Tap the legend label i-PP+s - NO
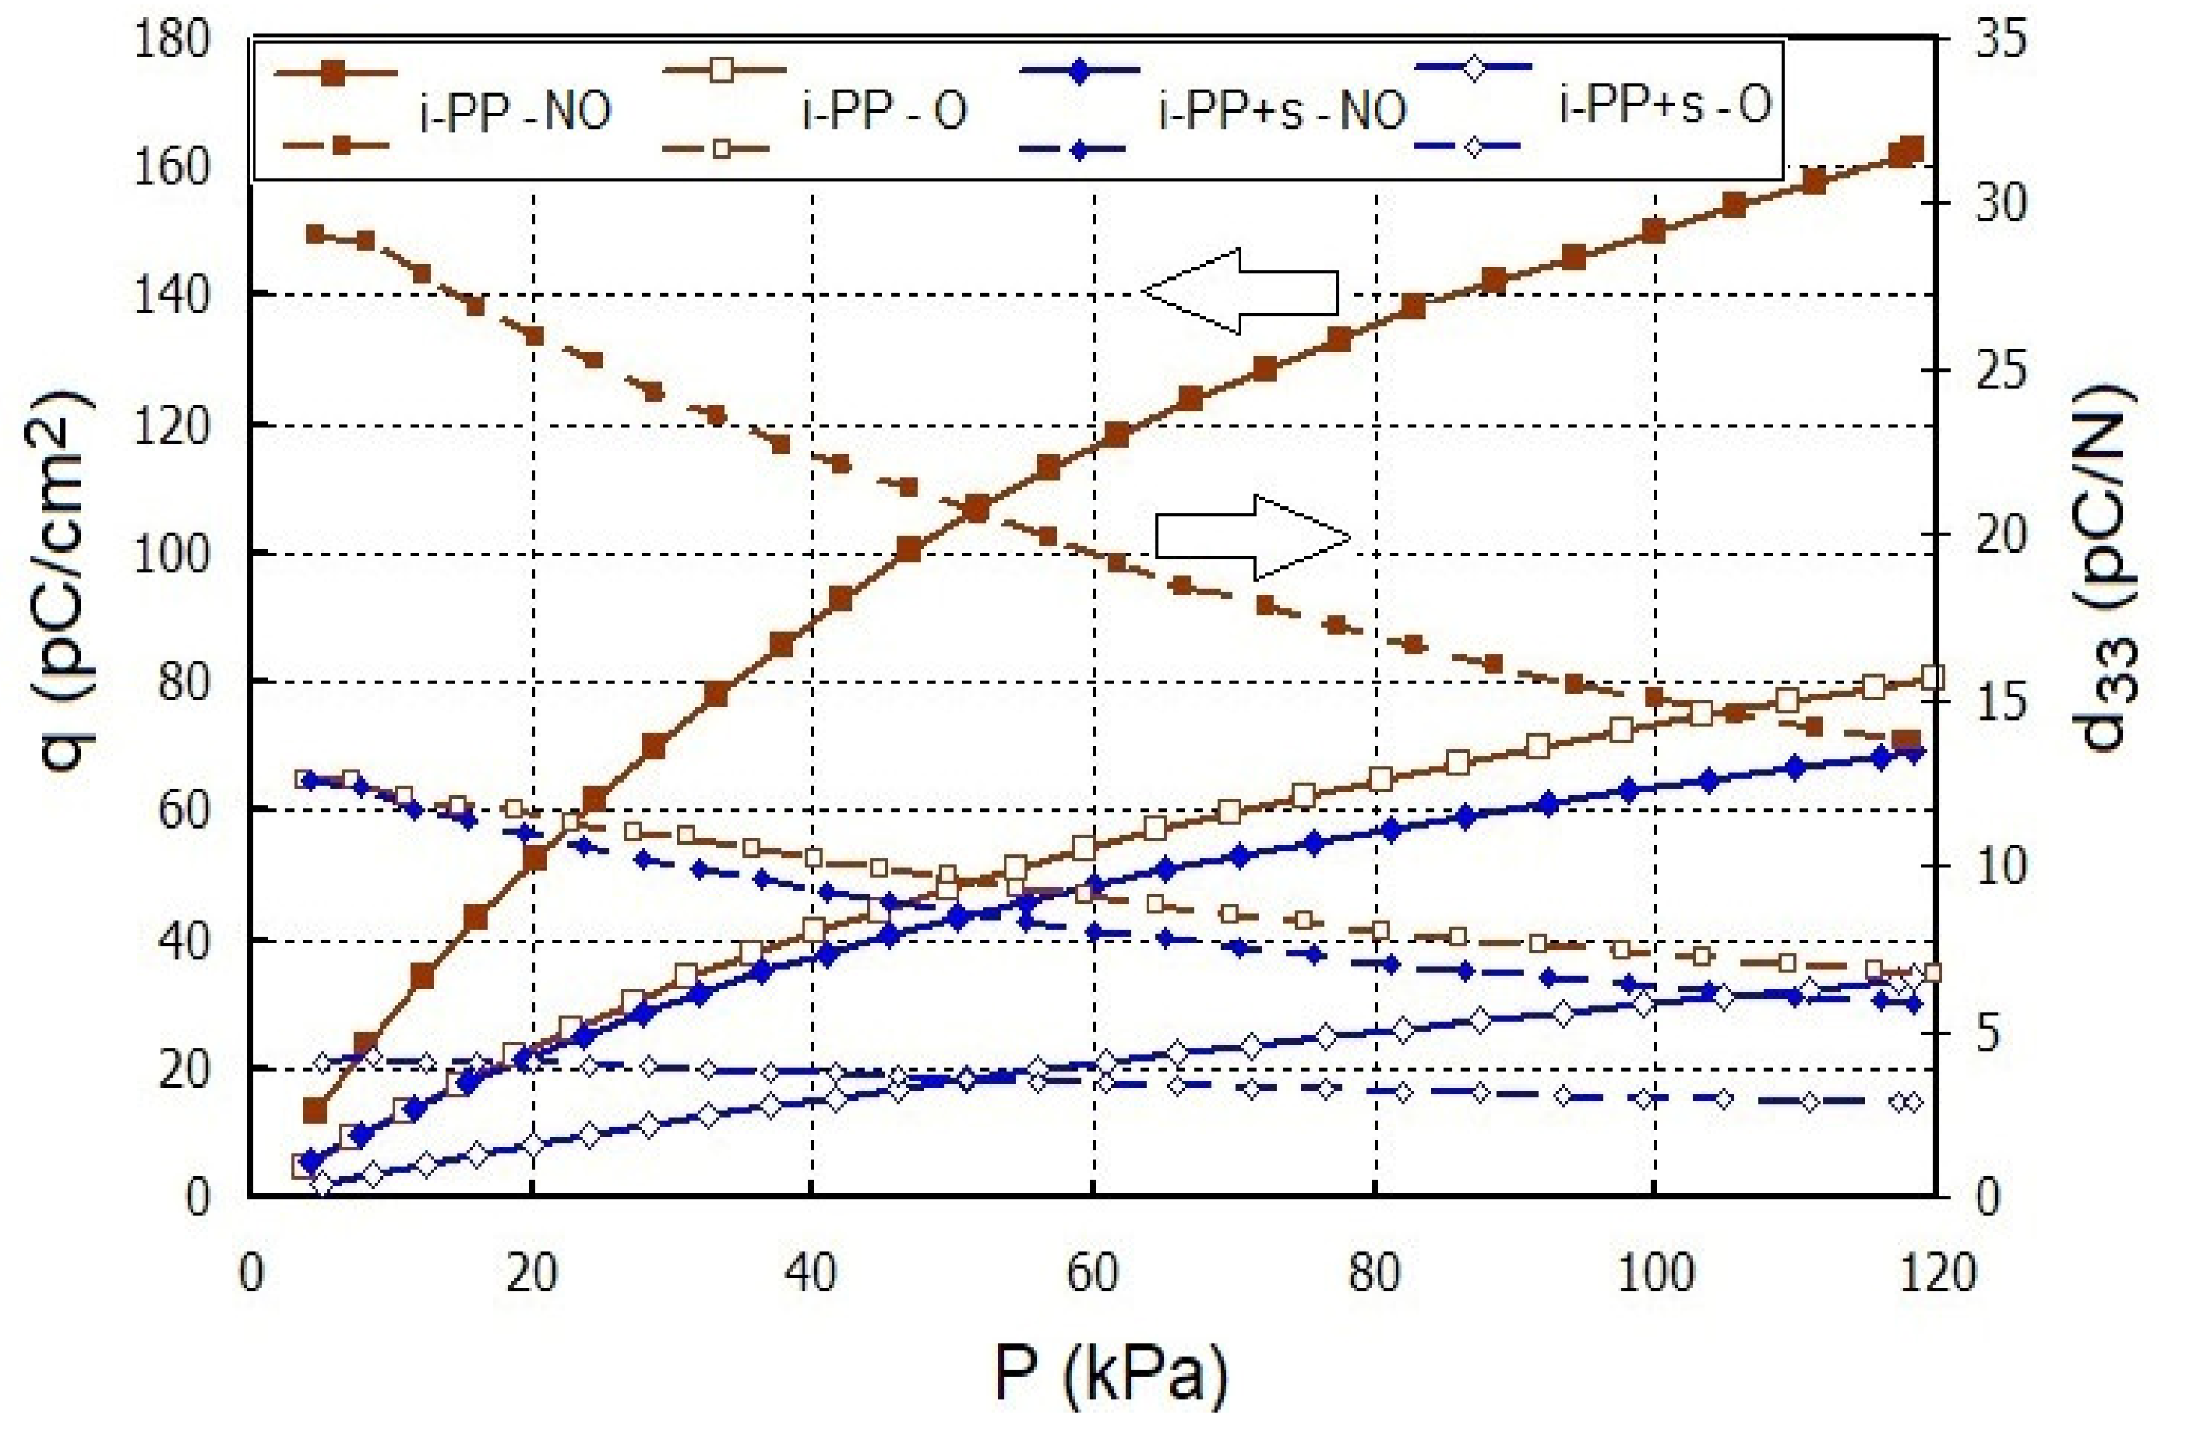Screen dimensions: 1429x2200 (1282, 110)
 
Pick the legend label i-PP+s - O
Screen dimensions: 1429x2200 (1665, 104)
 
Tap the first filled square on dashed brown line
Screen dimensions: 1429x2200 (316, 234)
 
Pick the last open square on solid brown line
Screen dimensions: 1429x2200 (1932, 678)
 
